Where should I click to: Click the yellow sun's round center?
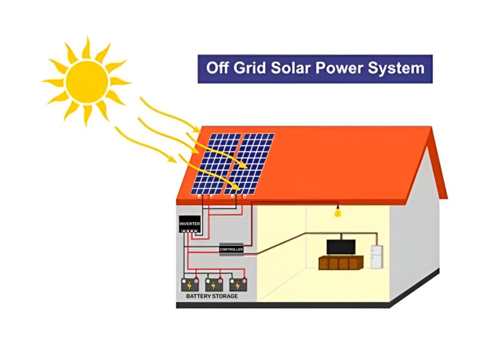87,81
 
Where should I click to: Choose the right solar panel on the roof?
249,163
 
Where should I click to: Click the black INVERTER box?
189,224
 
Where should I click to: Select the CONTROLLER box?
231,249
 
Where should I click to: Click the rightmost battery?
237,285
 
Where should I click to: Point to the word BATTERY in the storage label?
198,296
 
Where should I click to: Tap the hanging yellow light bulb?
337,213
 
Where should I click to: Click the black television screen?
341,247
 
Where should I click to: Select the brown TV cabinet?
341,263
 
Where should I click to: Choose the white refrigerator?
376,257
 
